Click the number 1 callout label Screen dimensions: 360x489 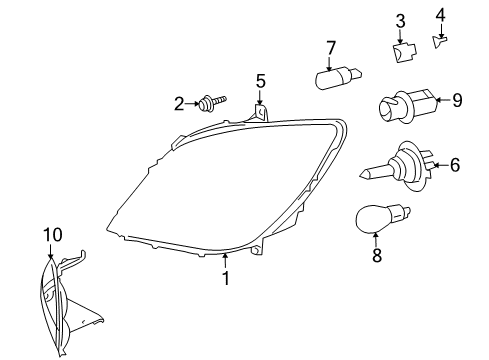[x=226, y=278]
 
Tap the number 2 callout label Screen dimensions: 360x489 [x=180, y=102]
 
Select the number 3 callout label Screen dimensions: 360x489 [x=400, y=21]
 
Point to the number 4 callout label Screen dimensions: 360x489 [x=441, y=14]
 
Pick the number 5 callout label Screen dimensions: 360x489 [x=260, y=80]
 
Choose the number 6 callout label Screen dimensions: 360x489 [x=455, y=164]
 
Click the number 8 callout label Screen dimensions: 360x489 [x=376, y=256]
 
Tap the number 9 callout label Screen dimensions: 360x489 [x=457, y=99]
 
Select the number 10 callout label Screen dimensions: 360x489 [x=52, y=234]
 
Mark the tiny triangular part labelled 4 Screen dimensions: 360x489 [x=439, y=38]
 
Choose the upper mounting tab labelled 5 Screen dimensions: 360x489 [x=260, y=112]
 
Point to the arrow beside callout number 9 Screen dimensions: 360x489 [x=443, y=99]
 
